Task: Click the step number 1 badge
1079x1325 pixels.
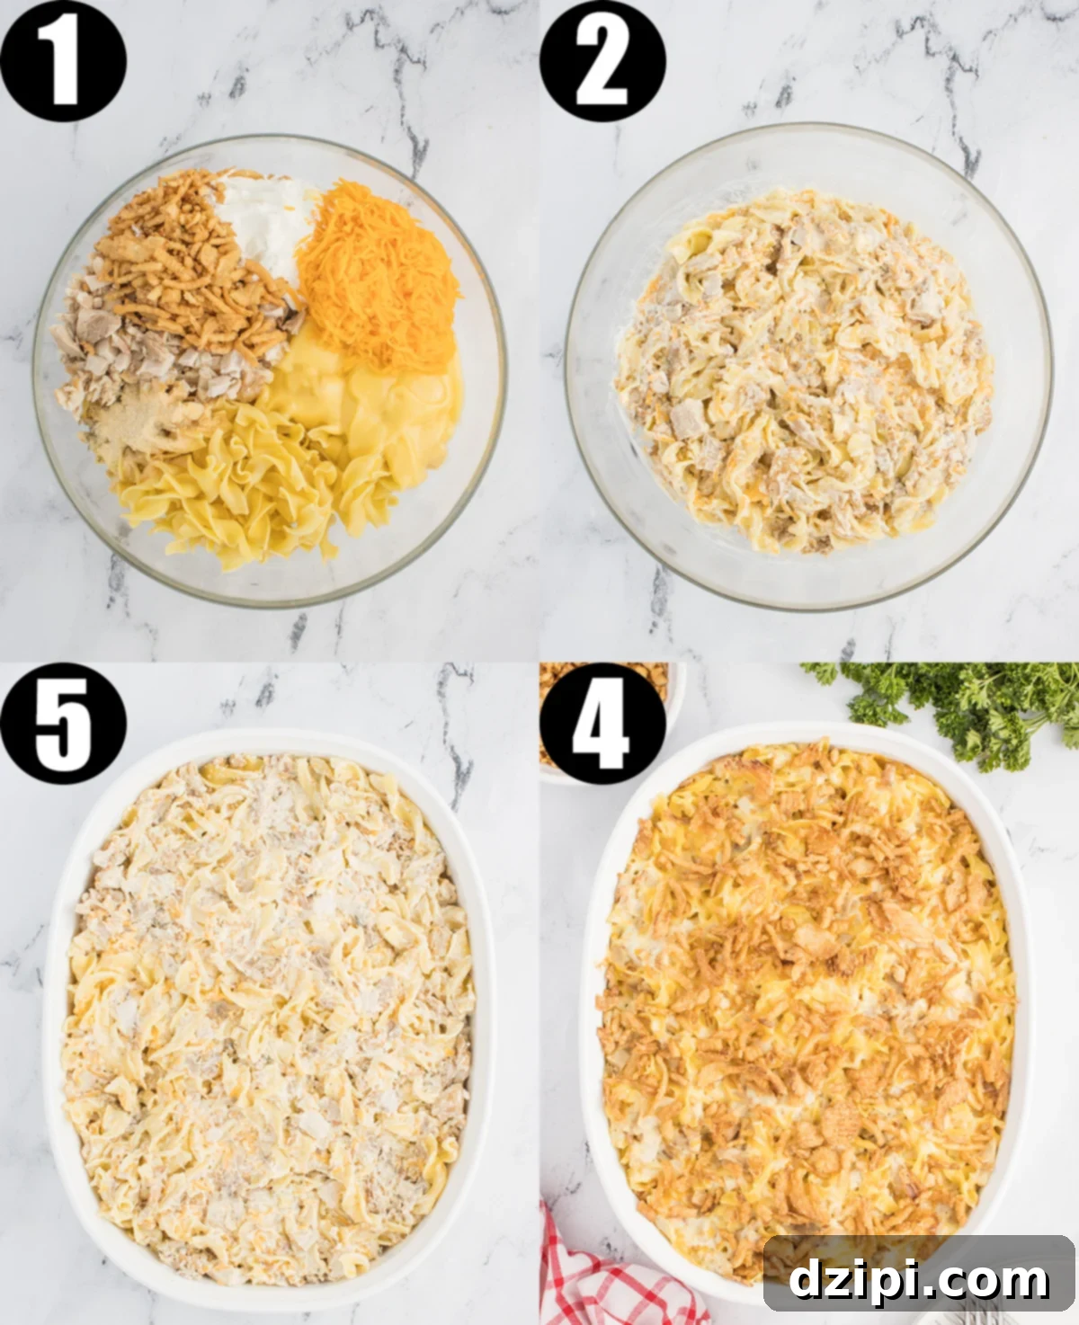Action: [x=63, y=61]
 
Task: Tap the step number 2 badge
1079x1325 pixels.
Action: [x=602, y=61]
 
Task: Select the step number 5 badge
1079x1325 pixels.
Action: [x=63, y=723]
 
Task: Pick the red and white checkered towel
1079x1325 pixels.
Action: [x=593, y=1276]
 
